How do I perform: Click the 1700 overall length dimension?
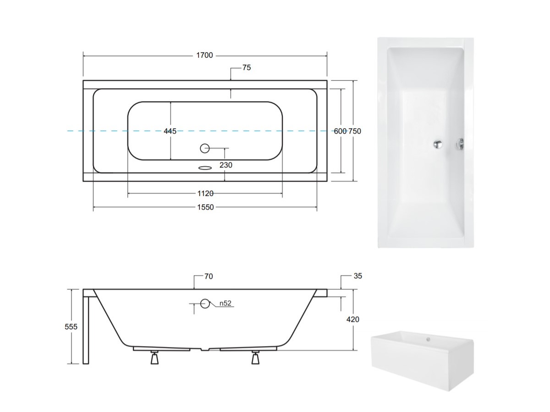[x=204, y=55]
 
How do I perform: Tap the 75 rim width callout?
[x=247, y=68]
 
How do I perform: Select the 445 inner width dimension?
[x=170, y=131]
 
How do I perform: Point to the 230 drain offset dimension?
[x=226, y=165]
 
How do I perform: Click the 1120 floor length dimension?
[x=205, y=193]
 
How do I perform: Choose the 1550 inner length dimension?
[x=205, y=207]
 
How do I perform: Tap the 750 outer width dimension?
[x=355, y=131]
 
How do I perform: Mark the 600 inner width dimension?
[x=340, y=131]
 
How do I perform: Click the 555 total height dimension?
[x=71, y=327]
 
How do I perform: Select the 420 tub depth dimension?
[x=353, y=320]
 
